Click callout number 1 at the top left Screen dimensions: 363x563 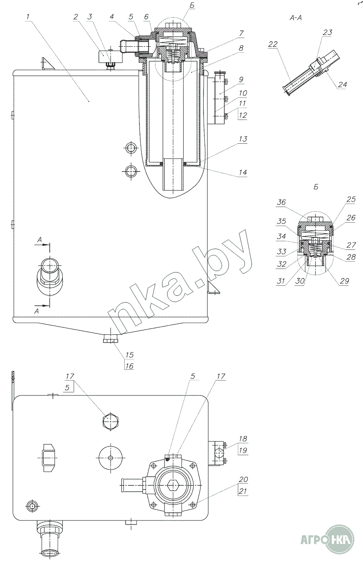[x=28, y=17]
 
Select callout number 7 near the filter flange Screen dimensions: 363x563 [x=241, y=33]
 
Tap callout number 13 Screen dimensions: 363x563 [x=243, y=139]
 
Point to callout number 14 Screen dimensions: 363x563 [x=243, y=172]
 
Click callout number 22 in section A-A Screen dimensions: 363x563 [x=273, y=45]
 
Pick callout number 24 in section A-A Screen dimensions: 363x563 [x=342, y=85]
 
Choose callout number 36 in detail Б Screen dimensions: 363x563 [x=281, y=202]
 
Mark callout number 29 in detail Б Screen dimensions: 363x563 [x=344, y=281]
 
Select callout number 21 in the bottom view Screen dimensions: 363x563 [x=243, y=491]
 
